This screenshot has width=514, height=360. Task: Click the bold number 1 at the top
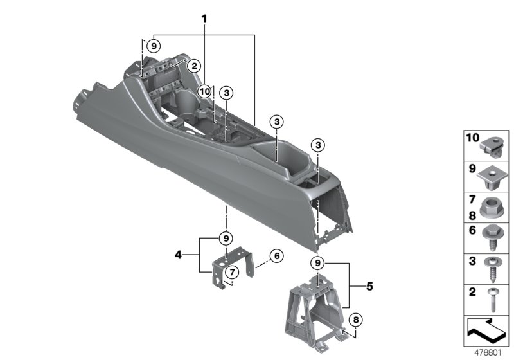pos(204,19)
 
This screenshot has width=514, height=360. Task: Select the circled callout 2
pos(194,66)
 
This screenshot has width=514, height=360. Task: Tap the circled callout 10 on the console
pos(204,91)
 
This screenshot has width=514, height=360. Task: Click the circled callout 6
pos(277,255)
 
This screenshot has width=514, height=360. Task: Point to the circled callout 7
pos(232,272)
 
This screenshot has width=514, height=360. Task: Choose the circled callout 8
pos(356,319)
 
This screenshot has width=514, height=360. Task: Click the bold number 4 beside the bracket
pos(178,255)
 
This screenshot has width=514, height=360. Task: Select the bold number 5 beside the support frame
pos(370,286)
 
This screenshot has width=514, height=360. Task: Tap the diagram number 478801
pos(488,353)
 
